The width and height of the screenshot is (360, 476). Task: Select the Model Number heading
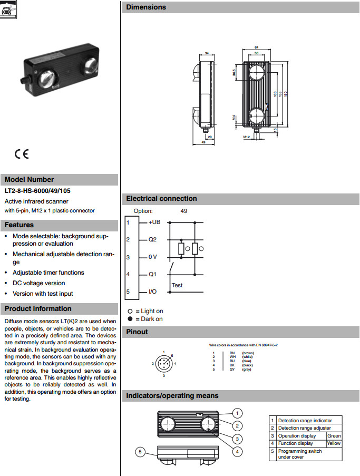[30, 179]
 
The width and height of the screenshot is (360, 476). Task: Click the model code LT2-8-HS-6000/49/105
[38, 191]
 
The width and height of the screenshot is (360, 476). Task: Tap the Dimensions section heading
[146, 7]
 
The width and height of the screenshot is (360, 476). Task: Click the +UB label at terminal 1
[154, 222]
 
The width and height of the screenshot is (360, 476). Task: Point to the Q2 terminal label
[153, 240]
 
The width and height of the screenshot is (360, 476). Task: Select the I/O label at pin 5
[152, 292]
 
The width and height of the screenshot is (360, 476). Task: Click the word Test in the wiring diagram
[177, 285]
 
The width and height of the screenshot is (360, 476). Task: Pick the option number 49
[183, 211]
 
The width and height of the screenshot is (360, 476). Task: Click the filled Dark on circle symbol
[130, 319]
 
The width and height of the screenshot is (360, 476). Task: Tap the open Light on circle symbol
[130, 311]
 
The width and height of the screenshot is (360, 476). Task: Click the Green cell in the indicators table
[334, 436]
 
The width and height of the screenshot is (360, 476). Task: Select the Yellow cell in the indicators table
[334, 443]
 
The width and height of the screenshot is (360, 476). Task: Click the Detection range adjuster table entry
[304, 428]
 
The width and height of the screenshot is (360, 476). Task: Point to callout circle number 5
[140, 452]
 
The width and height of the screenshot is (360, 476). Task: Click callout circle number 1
[238, 413]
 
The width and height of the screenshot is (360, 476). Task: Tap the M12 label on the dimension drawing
[246, 137]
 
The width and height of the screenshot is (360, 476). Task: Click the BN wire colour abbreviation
[232, 352]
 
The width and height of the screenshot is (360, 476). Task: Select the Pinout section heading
[137, 332]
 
